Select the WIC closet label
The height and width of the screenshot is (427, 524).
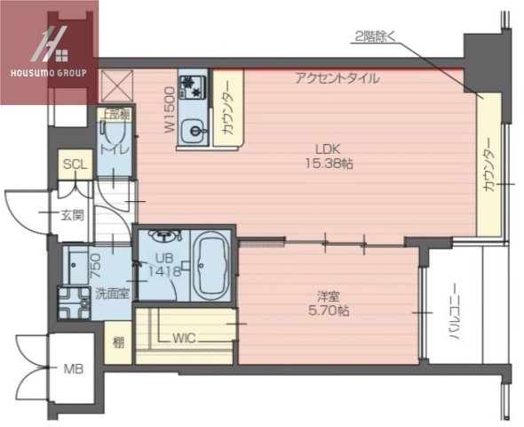185,338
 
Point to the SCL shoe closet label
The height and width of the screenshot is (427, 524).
75,165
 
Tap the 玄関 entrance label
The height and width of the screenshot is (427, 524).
72,213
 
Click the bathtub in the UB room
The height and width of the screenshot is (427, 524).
210,265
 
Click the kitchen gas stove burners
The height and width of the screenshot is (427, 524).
191,86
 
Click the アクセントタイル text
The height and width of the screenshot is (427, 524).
337,78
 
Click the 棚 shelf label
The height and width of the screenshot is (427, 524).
118,342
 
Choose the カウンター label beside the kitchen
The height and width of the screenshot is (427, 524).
228,109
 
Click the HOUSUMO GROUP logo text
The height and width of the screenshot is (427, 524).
49,72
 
